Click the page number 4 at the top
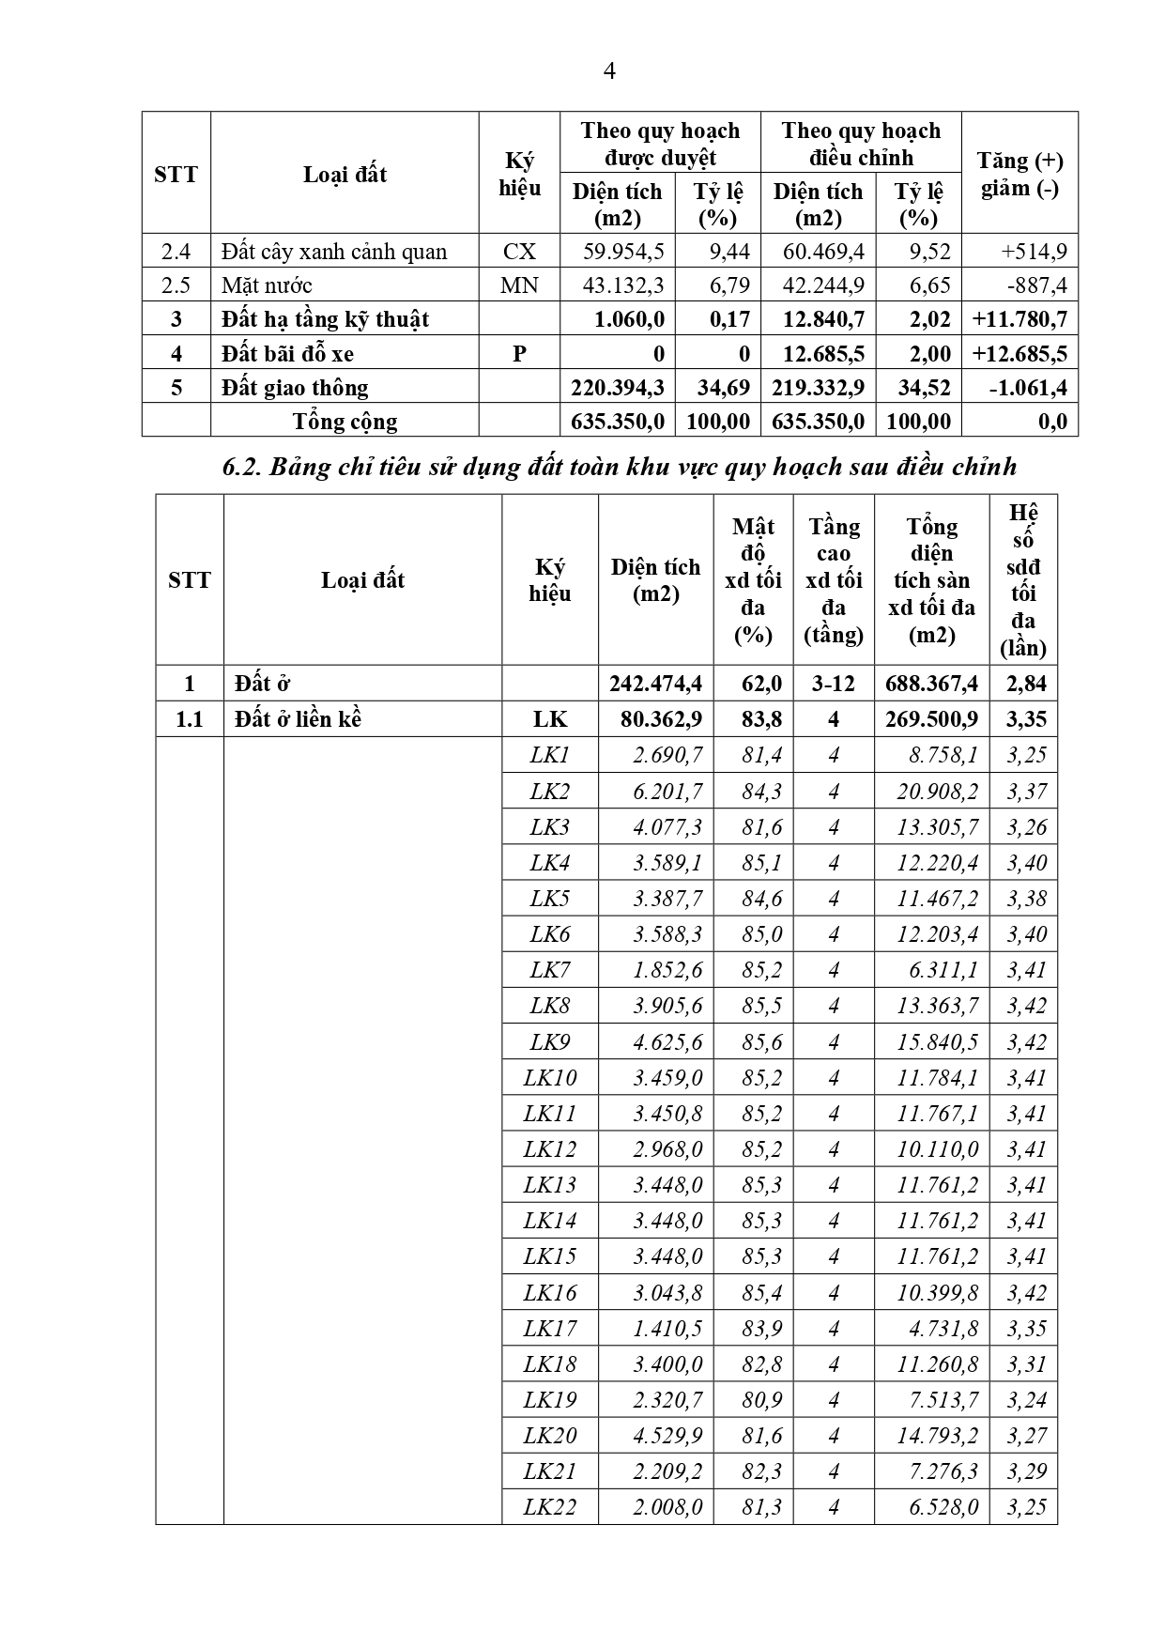click(x=609, y=71)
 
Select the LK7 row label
click(x=550, y=970)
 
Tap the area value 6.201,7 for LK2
click(x=667, y=792)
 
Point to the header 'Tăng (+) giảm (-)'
click(x=1019, y=174)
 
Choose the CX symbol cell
click(x=519, y=252)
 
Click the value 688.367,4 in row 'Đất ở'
click(x=931, y=684)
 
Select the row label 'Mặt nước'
click(x=268, y=285)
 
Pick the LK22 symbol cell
click(x=550, y=1507)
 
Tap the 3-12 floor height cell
click(x=834, y=684)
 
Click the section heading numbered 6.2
click(x=619, y=467)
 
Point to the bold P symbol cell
click(x=519, y=354)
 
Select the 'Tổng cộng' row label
click(x=345, y=422)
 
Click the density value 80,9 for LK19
click(x=761, y=1400)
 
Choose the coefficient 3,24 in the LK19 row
click(x=1026, y=1400)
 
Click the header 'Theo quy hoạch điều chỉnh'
click(x=861, y=144)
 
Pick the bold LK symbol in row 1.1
click(x=550, y=719)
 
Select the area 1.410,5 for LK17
click(x=667, y=1329)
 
